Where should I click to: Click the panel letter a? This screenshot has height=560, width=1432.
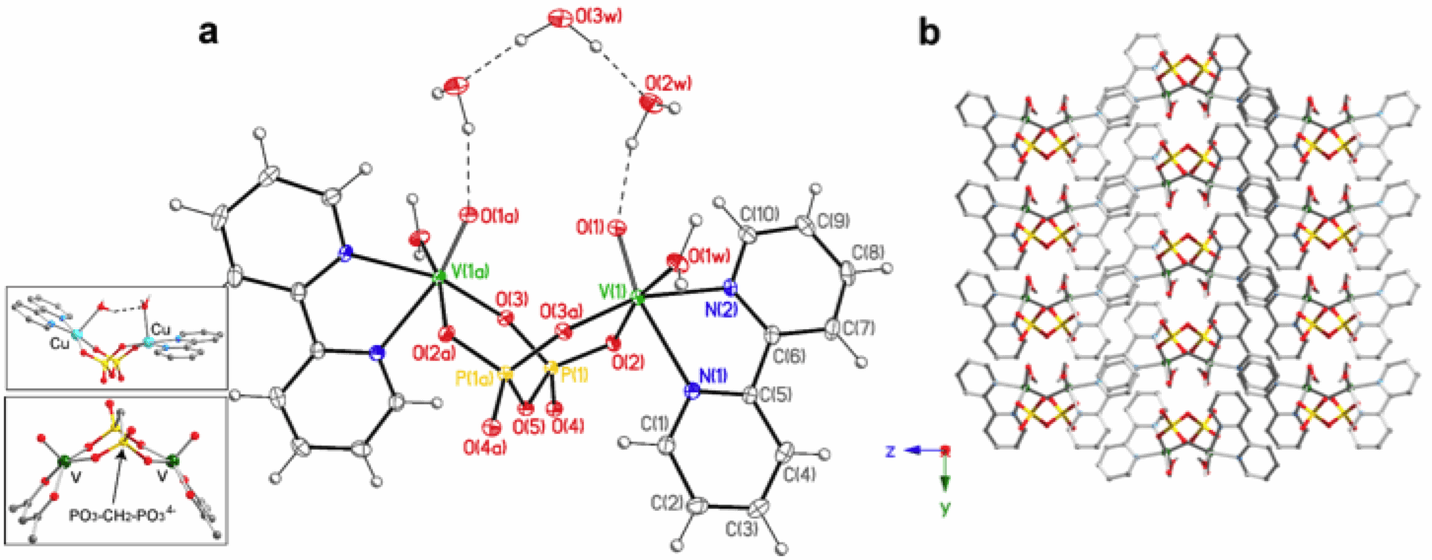208,33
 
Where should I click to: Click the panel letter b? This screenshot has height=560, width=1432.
928,33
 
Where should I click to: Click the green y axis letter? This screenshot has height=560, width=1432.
946,510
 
